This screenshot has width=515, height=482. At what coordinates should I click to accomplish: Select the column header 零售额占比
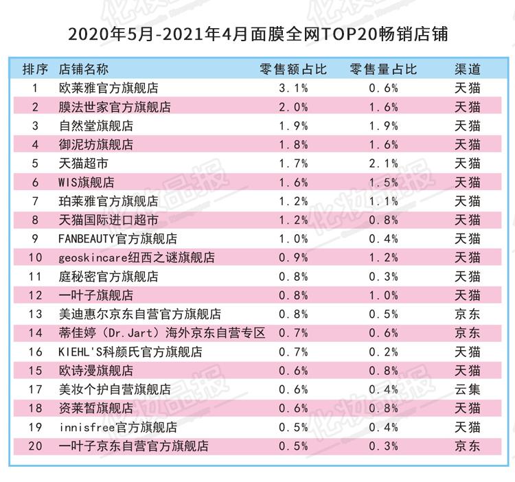(293, 69)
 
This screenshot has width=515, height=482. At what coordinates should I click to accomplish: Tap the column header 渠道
(468, 69)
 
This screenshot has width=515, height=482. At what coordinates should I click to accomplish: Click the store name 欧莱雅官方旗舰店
(108, 88)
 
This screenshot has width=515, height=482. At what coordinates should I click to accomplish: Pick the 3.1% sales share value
(293, 88)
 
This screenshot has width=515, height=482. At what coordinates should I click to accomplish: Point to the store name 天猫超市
(84, 163)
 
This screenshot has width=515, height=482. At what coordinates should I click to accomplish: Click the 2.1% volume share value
(382, 163)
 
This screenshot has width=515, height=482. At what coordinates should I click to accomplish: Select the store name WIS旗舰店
(87, 183)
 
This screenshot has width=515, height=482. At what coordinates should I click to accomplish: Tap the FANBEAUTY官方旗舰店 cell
(118, 239)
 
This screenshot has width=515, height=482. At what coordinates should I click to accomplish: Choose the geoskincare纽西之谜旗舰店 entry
(137, 257)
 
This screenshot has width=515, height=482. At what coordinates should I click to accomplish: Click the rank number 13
(36, 314)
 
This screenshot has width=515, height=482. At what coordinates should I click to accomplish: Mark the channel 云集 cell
(468, 389)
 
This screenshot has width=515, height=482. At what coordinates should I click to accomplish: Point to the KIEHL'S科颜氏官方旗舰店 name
(130, 352)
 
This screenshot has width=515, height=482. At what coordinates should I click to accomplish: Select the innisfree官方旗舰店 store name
(118, 427)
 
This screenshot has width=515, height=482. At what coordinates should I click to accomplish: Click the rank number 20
(36, 446)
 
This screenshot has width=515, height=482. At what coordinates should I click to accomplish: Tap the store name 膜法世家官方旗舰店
(115, 107)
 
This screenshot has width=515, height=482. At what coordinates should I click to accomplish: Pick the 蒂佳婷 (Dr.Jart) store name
(162, 333)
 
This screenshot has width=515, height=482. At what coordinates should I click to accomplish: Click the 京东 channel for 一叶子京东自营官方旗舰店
(468, 446)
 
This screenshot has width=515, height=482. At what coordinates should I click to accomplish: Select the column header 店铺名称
(84, 69)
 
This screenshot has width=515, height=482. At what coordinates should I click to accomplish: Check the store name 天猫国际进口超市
(108, 220)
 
